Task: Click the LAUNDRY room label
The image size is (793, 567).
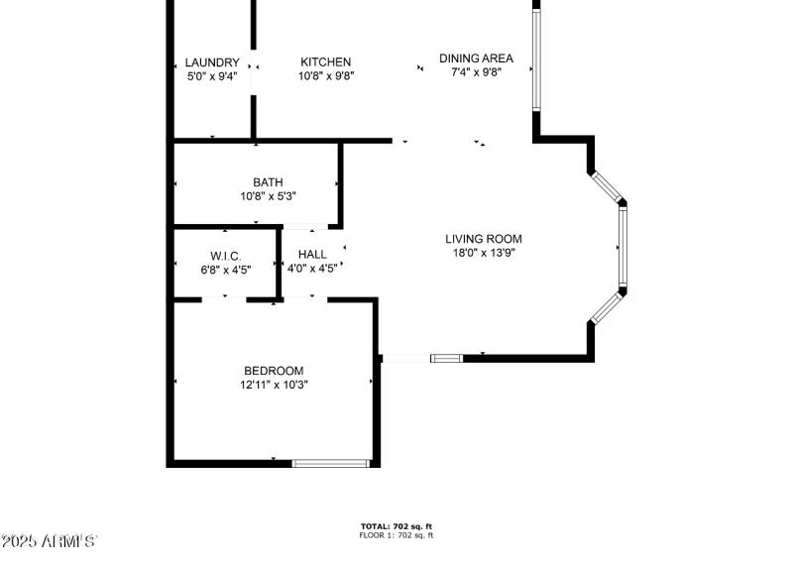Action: (212, 62)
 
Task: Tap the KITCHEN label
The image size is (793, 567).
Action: (326, 62)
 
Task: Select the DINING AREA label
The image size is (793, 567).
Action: (476, 58)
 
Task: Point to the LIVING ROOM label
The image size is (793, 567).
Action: (483, 239)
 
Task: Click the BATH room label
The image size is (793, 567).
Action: (268, 182)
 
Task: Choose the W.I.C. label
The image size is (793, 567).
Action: (225, 256)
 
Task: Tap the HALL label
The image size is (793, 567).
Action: (312, 255)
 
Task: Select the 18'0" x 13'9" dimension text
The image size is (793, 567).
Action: (483, 253)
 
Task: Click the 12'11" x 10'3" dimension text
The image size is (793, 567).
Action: (274, 385)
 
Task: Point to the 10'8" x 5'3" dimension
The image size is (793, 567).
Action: (268, 196)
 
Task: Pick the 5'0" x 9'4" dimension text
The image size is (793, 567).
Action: (212, 75)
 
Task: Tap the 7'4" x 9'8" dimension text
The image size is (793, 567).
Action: (476, 72)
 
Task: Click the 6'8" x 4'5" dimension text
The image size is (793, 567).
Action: (225, 269)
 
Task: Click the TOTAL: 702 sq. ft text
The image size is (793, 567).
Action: (396, 526)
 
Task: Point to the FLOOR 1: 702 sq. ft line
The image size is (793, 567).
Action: (396, 535)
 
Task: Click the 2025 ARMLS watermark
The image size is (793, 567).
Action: (50, 541)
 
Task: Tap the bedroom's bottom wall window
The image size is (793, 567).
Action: (331, 463)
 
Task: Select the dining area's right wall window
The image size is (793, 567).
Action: (536, 58)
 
